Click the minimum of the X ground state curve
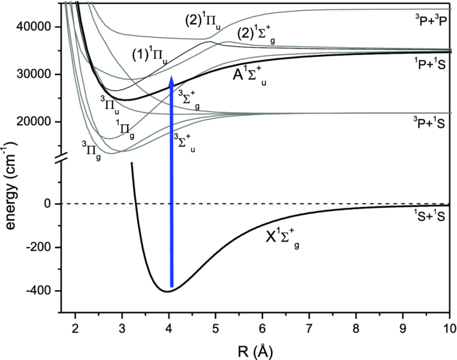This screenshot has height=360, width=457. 168,291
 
